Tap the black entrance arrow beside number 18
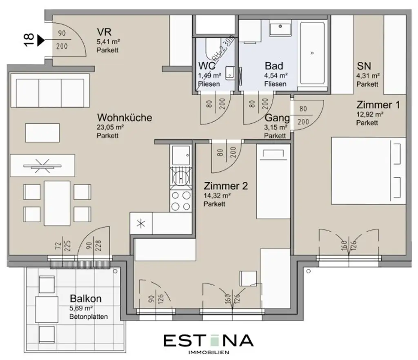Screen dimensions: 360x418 (41, 40)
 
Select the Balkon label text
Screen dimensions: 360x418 (85, 299)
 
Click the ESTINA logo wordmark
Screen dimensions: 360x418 (208, 340)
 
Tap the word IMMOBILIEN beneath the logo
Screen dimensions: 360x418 (208, 352)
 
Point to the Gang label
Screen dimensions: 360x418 (277, 119)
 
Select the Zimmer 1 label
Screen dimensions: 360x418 (378, 105)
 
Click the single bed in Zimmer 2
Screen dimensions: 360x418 (273, 183)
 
